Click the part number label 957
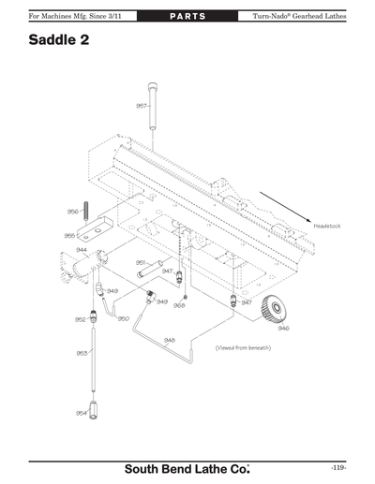pos(141,106)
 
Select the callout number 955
pos(69,236)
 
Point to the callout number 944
pos(82,250)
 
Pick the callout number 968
pos(179,305)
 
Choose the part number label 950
pos(123,318)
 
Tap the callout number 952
pos(81,319)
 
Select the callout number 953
pos(82,353)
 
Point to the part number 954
pos(82,412)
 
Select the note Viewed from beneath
pos(243,347)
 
